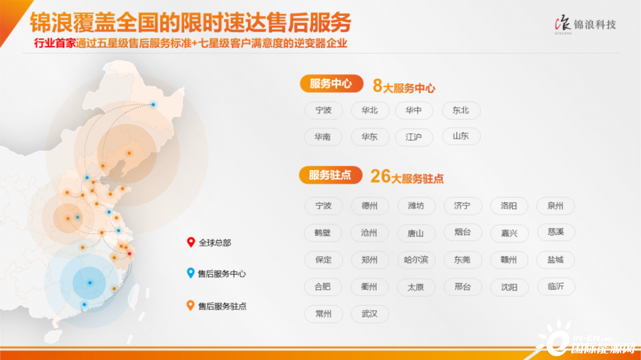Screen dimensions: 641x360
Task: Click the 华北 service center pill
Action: coord(370,110)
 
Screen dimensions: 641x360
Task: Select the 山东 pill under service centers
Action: coord(461,136)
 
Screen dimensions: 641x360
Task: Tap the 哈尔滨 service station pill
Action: coord(416,260)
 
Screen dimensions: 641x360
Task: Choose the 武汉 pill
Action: coord(370,314)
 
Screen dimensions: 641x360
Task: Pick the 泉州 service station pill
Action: coord(555,206)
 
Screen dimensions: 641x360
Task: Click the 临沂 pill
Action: coord(556,286)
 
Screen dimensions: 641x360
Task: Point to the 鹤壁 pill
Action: coord(323,233)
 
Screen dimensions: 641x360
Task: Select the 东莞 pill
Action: coord(462,260)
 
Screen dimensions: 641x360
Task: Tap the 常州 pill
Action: coord(323,314)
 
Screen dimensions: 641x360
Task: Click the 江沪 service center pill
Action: coord(413,137)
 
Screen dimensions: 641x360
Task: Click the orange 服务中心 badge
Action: coord(331,84)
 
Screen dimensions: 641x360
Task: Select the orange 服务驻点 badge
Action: coord(331,176)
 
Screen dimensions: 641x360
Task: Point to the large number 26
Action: coord(380,177)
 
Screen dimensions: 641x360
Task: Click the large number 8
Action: coord(378,86)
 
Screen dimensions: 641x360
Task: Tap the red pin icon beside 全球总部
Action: coord(190,242)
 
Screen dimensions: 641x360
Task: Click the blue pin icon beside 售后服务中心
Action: coord(190,273)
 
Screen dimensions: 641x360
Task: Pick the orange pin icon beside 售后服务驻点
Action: coord(190,306)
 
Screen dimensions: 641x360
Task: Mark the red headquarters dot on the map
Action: coord(129,254)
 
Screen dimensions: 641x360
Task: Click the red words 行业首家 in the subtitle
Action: coord(54,44)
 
